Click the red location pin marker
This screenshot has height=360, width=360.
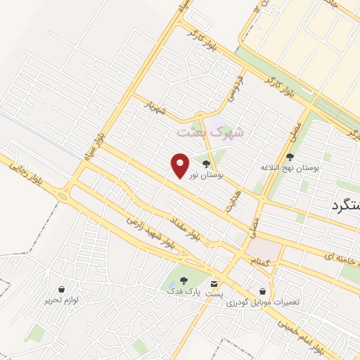pyautogui.click(x=180, y=165)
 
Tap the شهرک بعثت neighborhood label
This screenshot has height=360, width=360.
pyautogui.click(x=219, y=131)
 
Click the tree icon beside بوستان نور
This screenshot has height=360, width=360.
pyautogui.click(x=205, y=164)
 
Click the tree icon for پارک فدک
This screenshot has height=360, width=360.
pyautogui.click(x=174, y=281)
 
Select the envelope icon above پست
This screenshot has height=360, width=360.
pyautogui.click(x=214, y=283)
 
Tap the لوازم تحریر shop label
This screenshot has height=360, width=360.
pyautogui.click(x=62, y=300)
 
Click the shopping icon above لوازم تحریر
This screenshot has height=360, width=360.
pyautogui.click(x=62, y=289)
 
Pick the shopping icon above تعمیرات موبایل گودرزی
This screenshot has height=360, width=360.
pyautogui.click(x=263, y=290)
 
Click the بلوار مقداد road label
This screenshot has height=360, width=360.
pyautogui.click(x=186, y=230)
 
